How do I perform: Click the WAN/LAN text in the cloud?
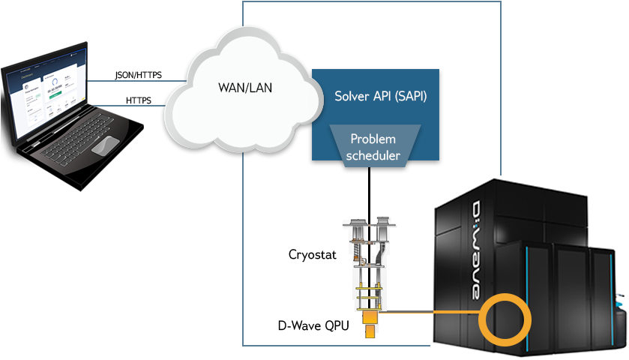tap(245, 87)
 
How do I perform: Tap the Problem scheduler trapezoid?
tap(373, 147)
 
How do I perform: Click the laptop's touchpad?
tap(106, 145)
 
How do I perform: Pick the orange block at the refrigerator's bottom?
tap(369, 327)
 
